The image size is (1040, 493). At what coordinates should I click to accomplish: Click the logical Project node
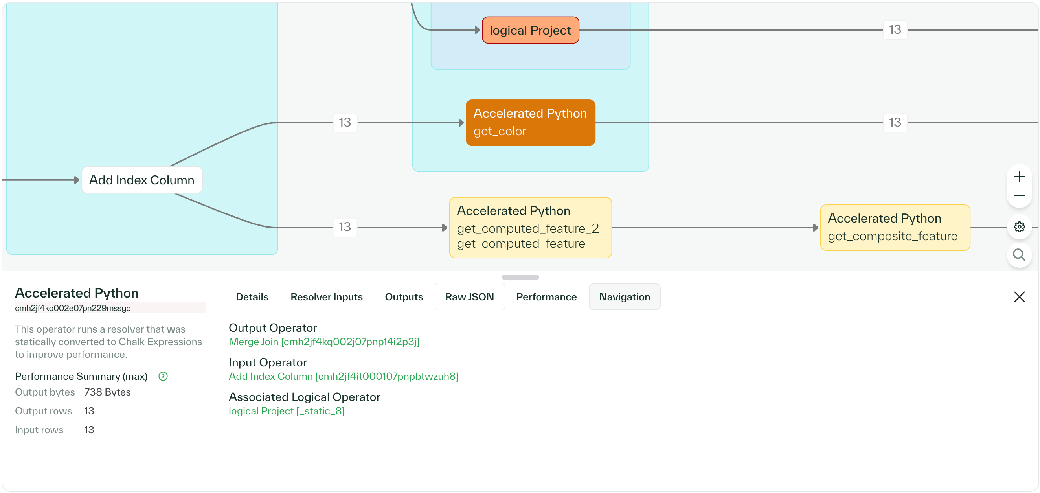[x=530, y=30]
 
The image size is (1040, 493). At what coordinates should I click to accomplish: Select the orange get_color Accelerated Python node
[x=530, y=122]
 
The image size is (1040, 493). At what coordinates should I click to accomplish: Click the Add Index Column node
[x=142, y=180]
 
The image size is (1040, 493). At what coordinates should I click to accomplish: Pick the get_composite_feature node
[x=895, y=227]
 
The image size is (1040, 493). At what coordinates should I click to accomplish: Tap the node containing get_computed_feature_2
[x=530, y=227]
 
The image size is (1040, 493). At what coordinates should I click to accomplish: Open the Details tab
[x=252, y=297]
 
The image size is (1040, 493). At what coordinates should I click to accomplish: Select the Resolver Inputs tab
[x=326, y=297]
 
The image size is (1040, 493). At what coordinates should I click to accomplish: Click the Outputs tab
[x=404, y=297]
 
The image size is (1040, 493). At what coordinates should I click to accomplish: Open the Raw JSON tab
[x=469, y=297]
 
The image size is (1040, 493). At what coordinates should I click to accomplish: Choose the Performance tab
[x=546, y=297]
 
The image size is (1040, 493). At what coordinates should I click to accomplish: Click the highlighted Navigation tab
[x=624, y=297]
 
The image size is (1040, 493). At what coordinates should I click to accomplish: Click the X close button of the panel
[x=1019, y=297]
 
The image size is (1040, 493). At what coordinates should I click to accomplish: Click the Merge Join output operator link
[x=324, y=342]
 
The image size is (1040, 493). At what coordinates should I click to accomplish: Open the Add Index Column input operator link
[x=343, y=376]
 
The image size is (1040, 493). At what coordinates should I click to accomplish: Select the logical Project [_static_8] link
[x=286, y=411]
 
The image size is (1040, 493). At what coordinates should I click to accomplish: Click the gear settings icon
[x=1019, y=227]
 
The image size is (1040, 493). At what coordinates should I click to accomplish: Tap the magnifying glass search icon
[x=1019, y=255]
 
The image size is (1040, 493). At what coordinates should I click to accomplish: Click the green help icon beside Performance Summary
[x=163, y=376]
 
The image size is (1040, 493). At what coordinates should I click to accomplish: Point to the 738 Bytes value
[x=107, y=392]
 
